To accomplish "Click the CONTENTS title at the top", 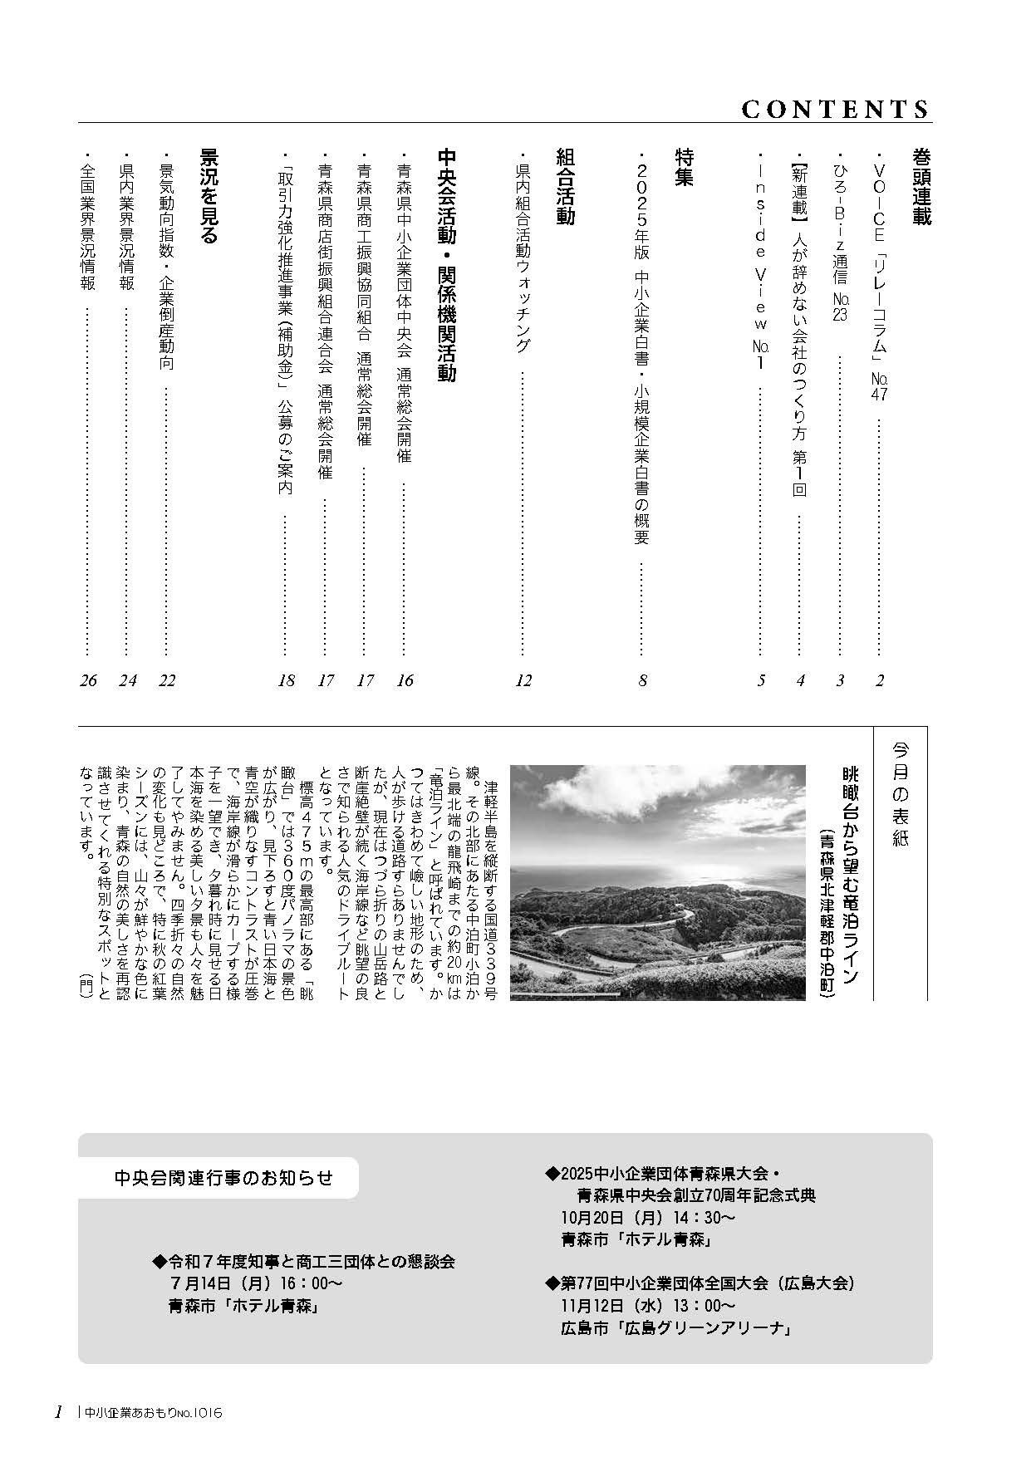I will point(834,110).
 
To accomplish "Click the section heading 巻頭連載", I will point(920,187).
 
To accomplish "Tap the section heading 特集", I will point(684,167).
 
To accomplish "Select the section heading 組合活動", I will point(564,187).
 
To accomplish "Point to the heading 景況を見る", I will point(208,196).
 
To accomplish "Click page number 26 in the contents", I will point(88,681).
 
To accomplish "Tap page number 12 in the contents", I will point(523,681).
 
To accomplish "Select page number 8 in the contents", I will point(642,681).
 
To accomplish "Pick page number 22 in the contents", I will point(167,681).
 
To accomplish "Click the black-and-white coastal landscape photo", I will point(657,882).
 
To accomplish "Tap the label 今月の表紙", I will point(901,794).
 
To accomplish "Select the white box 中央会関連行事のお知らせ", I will point(224,1177).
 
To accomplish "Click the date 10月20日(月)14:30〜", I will point(648,1218).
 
